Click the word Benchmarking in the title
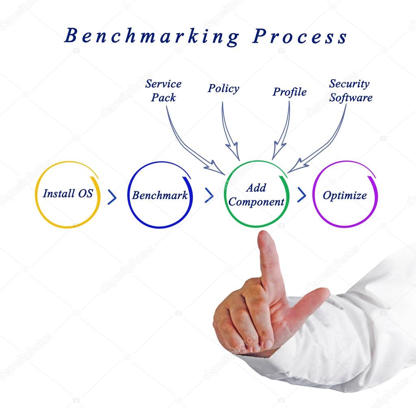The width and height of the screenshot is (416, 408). click(152, 36)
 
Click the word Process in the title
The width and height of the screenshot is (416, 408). click(300, 36)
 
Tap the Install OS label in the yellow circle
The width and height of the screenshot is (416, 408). click(68, 193)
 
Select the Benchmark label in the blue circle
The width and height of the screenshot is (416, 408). click(160, 195)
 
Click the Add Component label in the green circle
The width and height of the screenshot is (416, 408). click(256, 195)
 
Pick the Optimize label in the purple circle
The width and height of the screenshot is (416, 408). click(344, 195)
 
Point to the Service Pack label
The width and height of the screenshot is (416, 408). click(163, 91)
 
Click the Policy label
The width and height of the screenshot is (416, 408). click(223, 89)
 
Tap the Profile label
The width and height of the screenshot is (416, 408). click(289, 92)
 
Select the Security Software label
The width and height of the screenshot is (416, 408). click(351, 91)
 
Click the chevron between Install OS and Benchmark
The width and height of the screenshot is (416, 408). click(112, 197)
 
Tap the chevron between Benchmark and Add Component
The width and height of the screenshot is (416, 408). click(209, 195)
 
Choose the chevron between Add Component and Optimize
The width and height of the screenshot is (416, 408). click(302, 195)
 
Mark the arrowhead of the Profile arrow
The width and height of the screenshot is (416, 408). click(278, 151)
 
